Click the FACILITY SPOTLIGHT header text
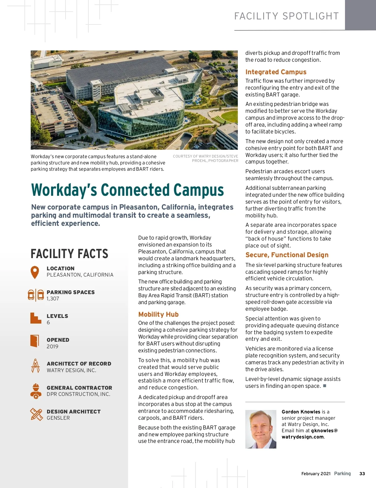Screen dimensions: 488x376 pos(286,16)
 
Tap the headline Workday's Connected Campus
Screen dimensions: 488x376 pos(127,190)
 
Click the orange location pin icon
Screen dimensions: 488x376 pos(35,272)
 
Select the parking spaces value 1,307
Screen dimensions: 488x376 pos(53,299)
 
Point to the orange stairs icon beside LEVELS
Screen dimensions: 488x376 pos(36,318)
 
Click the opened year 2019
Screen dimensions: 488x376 pos(52,346)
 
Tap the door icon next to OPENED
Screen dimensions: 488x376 pos(35,341)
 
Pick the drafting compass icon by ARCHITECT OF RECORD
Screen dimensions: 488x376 pos(35,366)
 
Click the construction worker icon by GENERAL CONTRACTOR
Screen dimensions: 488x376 pos(36,391)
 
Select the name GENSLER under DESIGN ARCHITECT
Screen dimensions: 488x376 pos(58,418)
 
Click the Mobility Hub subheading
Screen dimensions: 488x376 pos(158,314)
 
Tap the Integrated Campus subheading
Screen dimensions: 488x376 pos(276,72)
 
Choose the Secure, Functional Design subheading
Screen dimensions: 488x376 pos(287,255)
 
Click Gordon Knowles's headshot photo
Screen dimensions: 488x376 pos(261,429)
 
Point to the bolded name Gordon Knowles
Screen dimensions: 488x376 pos(301,412)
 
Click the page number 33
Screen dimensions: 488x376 pos(362,474)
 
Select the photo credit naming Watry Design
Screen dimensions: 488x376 pos(206,158)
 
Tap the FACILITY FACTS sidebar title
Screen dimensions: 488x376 pos(69,254)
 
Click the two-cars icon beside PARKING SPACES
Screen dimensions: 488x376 pos(36,295)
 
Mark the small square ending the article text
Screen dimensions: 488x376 pos(325,386)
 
